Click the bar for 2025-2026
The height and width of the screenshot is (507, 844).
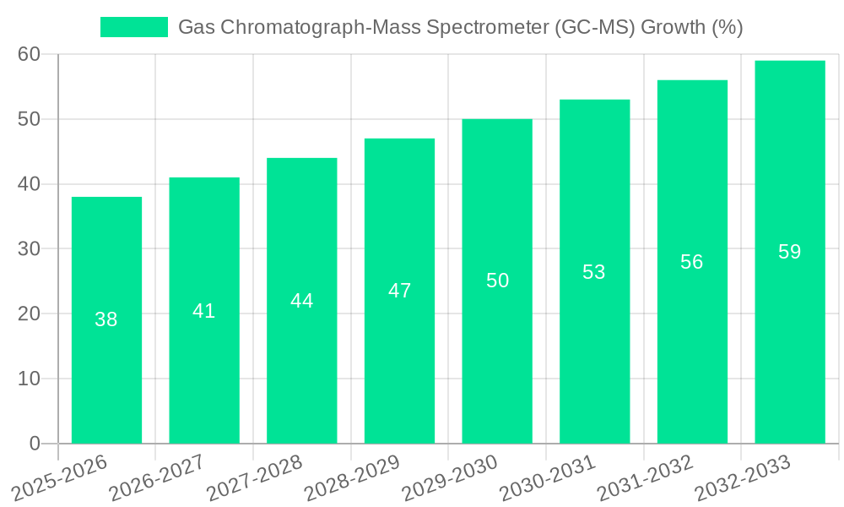pos(106,320)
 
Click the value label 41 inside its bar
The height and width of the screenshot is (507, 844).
pos(204,311)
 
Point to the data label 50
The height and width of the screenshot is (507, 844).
pos(498,281)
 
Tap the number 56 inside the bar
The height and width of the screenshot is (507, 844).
pos(692,262)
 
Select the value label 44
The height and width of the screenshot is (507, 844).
pos(301,301)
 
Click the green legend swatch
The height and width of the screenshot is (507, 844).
pos(134,27)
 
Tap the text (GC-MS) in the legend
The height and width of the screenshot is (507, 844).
pos(596,27)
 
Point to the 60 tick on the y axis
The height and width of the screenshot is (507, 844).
pos(30,55)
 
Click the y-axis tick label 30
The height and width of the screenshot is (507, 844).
pos(30,249)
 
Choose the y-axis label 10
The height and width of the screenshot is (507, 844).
pos(30,379)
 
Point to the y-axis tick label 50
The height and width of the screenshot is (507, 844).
pos(30,119)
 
